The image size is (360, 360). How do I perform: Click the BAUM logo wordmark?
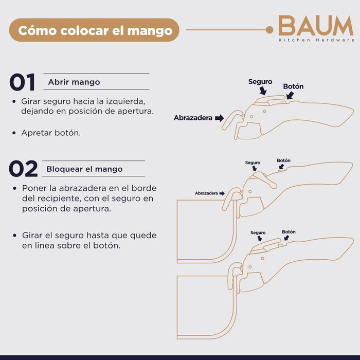pyautogui.click(x=316, y=26)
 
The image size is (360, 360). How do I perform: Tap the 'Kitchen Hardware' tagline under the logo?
pyautogui.click(x=316, y=40)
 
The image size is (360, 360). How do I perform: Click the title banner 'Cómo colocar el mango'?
pyautogui.click(x=94, y=30)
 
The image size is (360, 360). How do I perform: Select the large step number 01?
pyautogui.click(x=22, y=82)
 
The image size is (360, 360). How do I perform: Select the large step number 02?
pyautogui.click(x=23, y=169)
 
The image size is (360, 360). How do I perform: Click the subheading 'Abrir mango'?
pyautogui.click(x=74, y=82)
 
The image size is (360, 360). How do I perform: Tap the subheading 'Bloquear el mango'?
pyautogui.click(x=84, y=169)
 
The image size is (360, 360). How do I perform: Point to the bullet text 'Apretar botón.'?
pyautogui.click(x=51, y=133)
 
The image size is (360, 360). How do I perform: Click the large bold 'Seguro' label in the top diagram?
pyautogui.click(x=260, y=82)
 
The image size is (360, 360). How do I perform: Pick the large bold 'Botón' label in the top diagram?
pyautogui.click(x=293, y=86)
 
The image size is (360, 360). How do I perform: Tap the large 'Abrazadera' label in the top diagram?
pyautogui.click(x=193, y=118)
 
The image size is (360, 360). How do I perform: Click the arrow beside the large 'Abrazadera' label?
pyautogui.click(x=219, y=118)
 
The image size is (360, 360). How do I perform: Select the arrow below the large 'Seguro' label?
pyautogui.click(x=263, y=91)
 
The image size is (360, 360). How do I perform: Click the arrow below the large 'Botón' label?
pyautogui.click(x=290, y=95)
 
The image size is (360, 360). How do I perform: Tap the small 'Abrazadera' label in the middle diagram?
pyautogui.click(x=206, y=193)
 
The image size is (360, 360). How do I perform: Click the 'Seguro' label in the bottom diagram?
pyautogui.click(x=258, y=232)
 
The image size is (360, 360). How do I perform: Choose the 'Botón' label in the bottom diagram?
pyautogui.click(x=289, y=232)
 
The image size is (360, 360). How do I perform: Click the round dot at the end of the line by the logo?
pyautogui.click(x=269, y=30)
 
